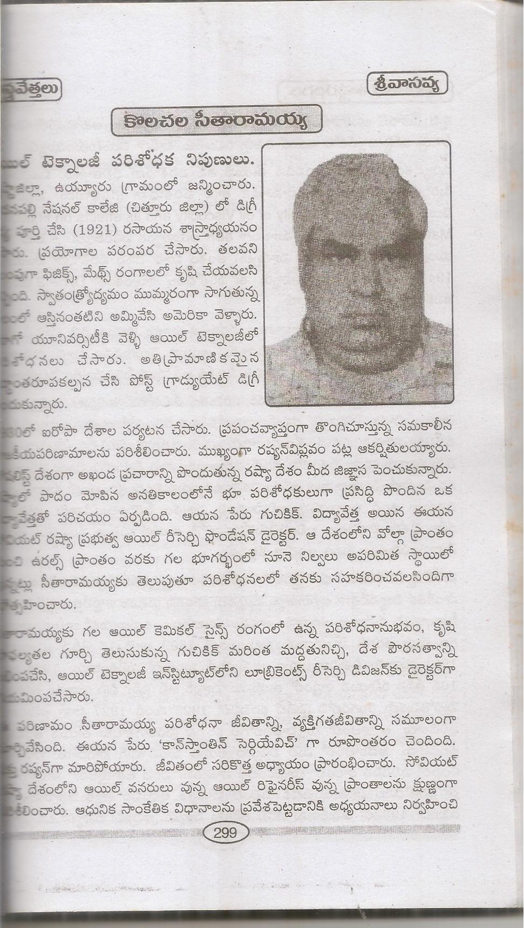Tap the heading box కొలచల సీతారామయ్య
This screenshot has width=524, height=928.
216,124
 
